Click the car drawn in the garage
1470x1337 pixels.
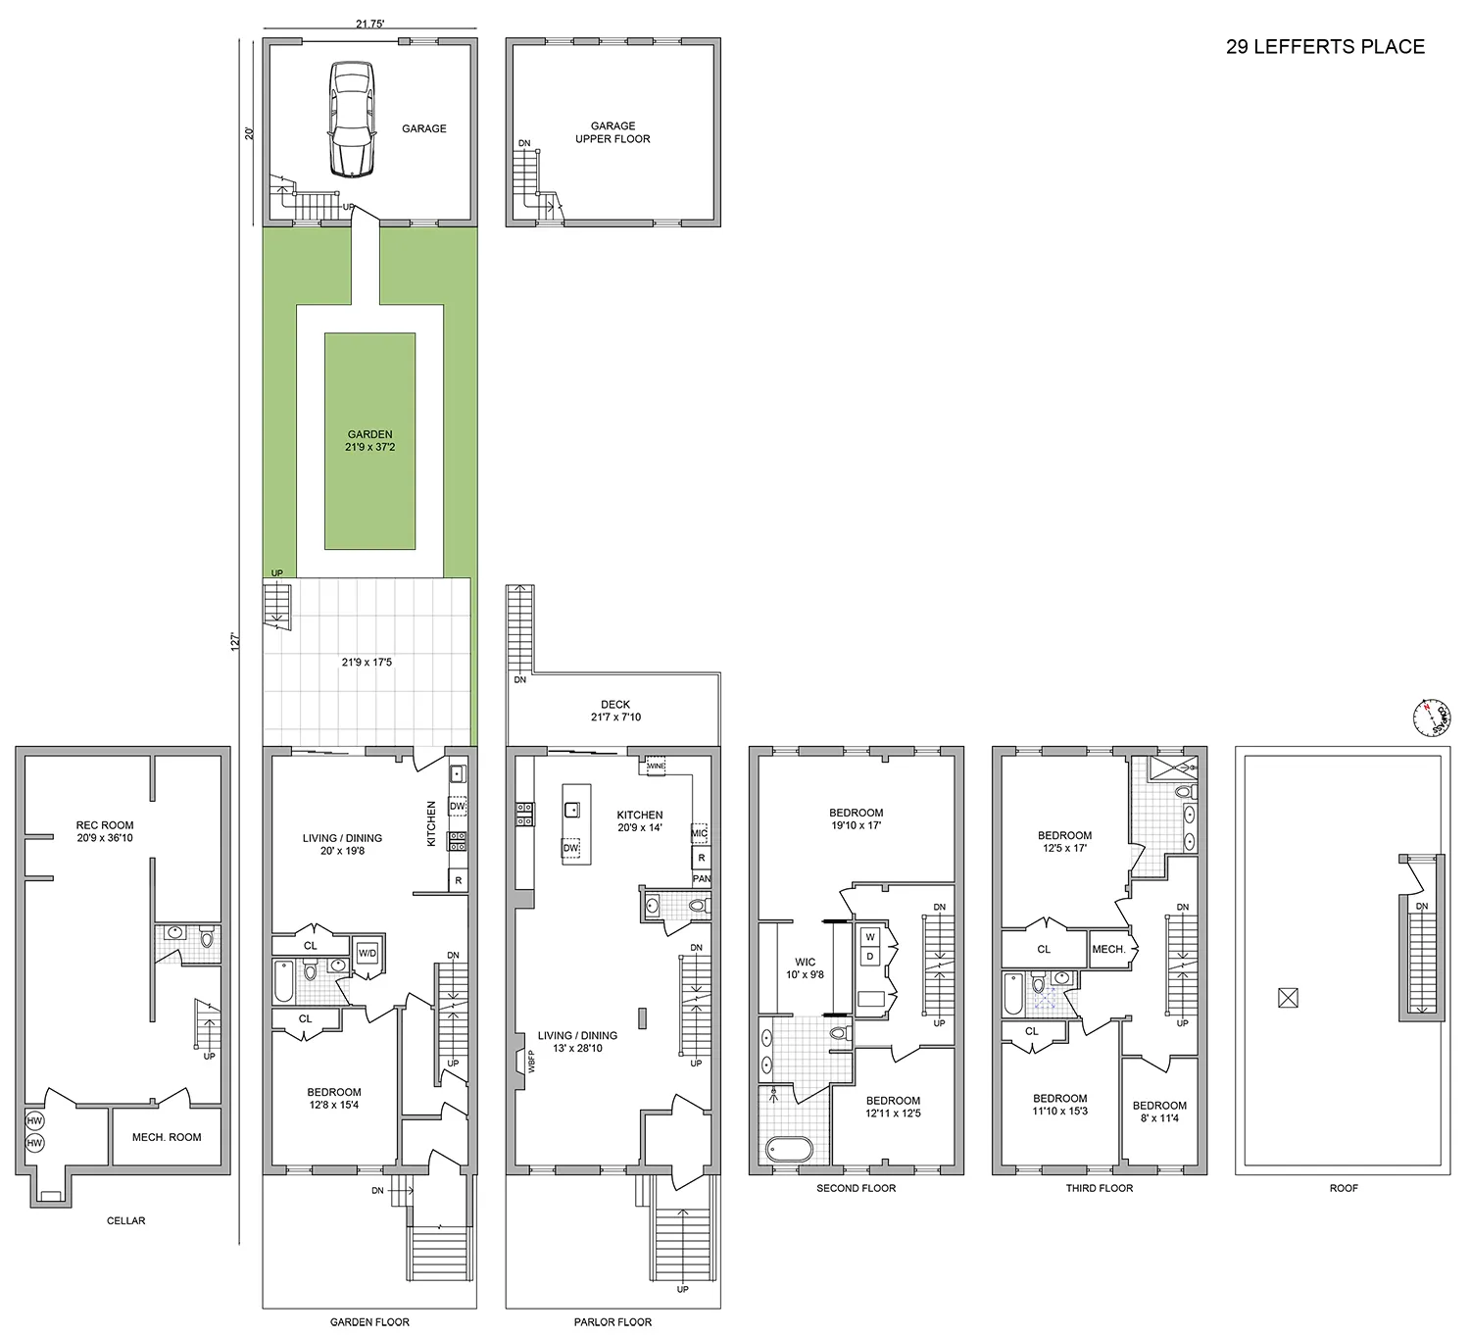click(x=351, y=119)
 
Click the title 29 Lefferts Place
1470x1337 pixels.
click(x=1325, y=47)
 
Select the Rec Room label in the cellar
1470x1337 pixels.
click(x=104, y=831)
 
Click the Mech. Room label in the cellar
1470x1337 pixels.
click(x=167, y=1137)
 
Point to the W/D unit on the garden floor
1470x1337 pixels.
click(x=367, y=952)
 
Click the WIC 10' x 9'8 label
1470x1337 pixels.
click(x=805, y=968)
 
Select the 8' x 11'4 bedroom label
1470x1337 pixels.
click(x=1159, y=1112)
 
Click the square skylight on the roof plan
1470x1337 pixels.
click(x=1287, y=999)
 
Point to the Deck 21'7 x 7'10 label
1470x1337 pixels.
click(x=615, y=711)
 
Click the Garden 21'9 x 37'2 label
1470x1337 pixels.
click(x=369, y=441)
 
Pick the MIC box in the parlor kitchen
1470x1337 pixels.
click(x=699, y=833)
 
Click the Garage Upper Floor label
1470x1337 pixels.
click(x=612, y=132)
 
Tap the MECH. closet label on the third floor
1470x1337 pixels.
click(x=1107, y=949)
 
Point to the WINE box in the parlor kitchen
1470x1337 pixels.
click(x=656, y=766)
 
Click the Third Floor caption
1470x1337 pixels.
click(x=1099, y=1188)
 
